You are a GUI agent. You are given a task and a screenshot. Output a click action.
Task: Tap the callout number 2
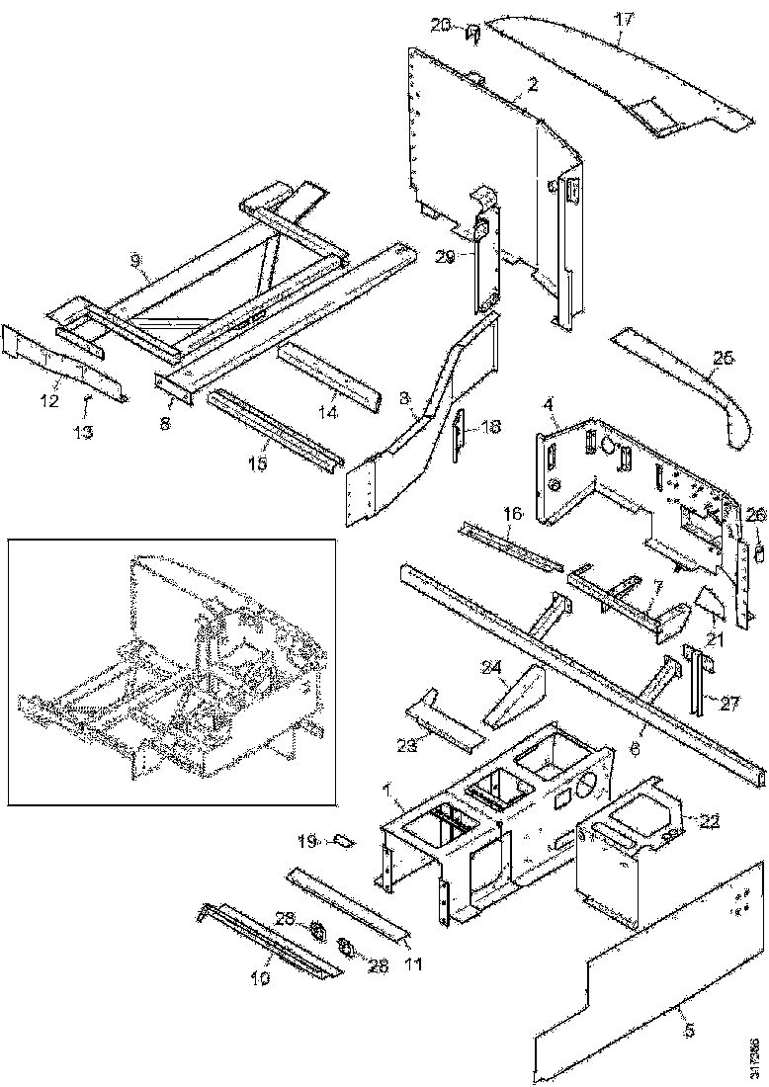coord(532,85)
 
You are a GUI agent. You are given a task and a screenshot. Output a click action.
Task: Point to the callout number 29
coord(444,256)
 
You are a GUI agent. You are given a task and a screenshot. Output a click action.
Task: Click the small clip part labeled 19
coord(342,841)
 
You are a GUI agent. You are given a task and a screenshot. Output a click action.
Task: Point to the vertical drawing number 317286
coord(756,1052)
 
